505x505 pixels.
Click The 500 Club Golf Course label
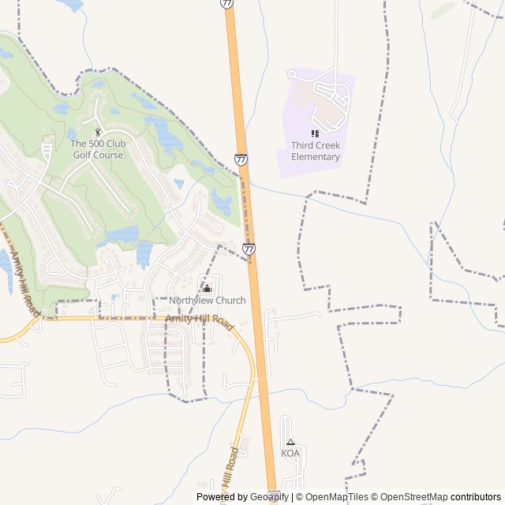(97, 149)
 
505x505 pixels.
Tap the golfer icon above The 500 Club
(98, 132)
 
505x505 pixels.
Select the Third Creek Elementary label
(315, 151)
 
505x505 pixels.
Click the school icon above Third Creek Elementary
(315, 133)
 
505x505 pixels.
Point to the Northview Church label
(207, 301)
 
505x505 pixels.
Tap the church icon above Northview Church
(207, 287)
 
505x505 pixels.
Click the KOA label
(290, 454)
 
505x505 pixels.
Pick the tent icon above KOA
(290, 443)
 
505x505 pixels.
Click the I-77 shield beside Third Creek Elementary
(241, 159)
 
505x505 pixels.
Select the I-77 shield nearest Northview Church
(249, 249)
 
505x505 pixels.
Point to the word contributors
(476, 497)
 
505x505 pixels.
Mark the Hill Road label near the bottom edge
(230, 469)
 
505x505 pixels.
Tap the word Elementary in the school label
(315, 156)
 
